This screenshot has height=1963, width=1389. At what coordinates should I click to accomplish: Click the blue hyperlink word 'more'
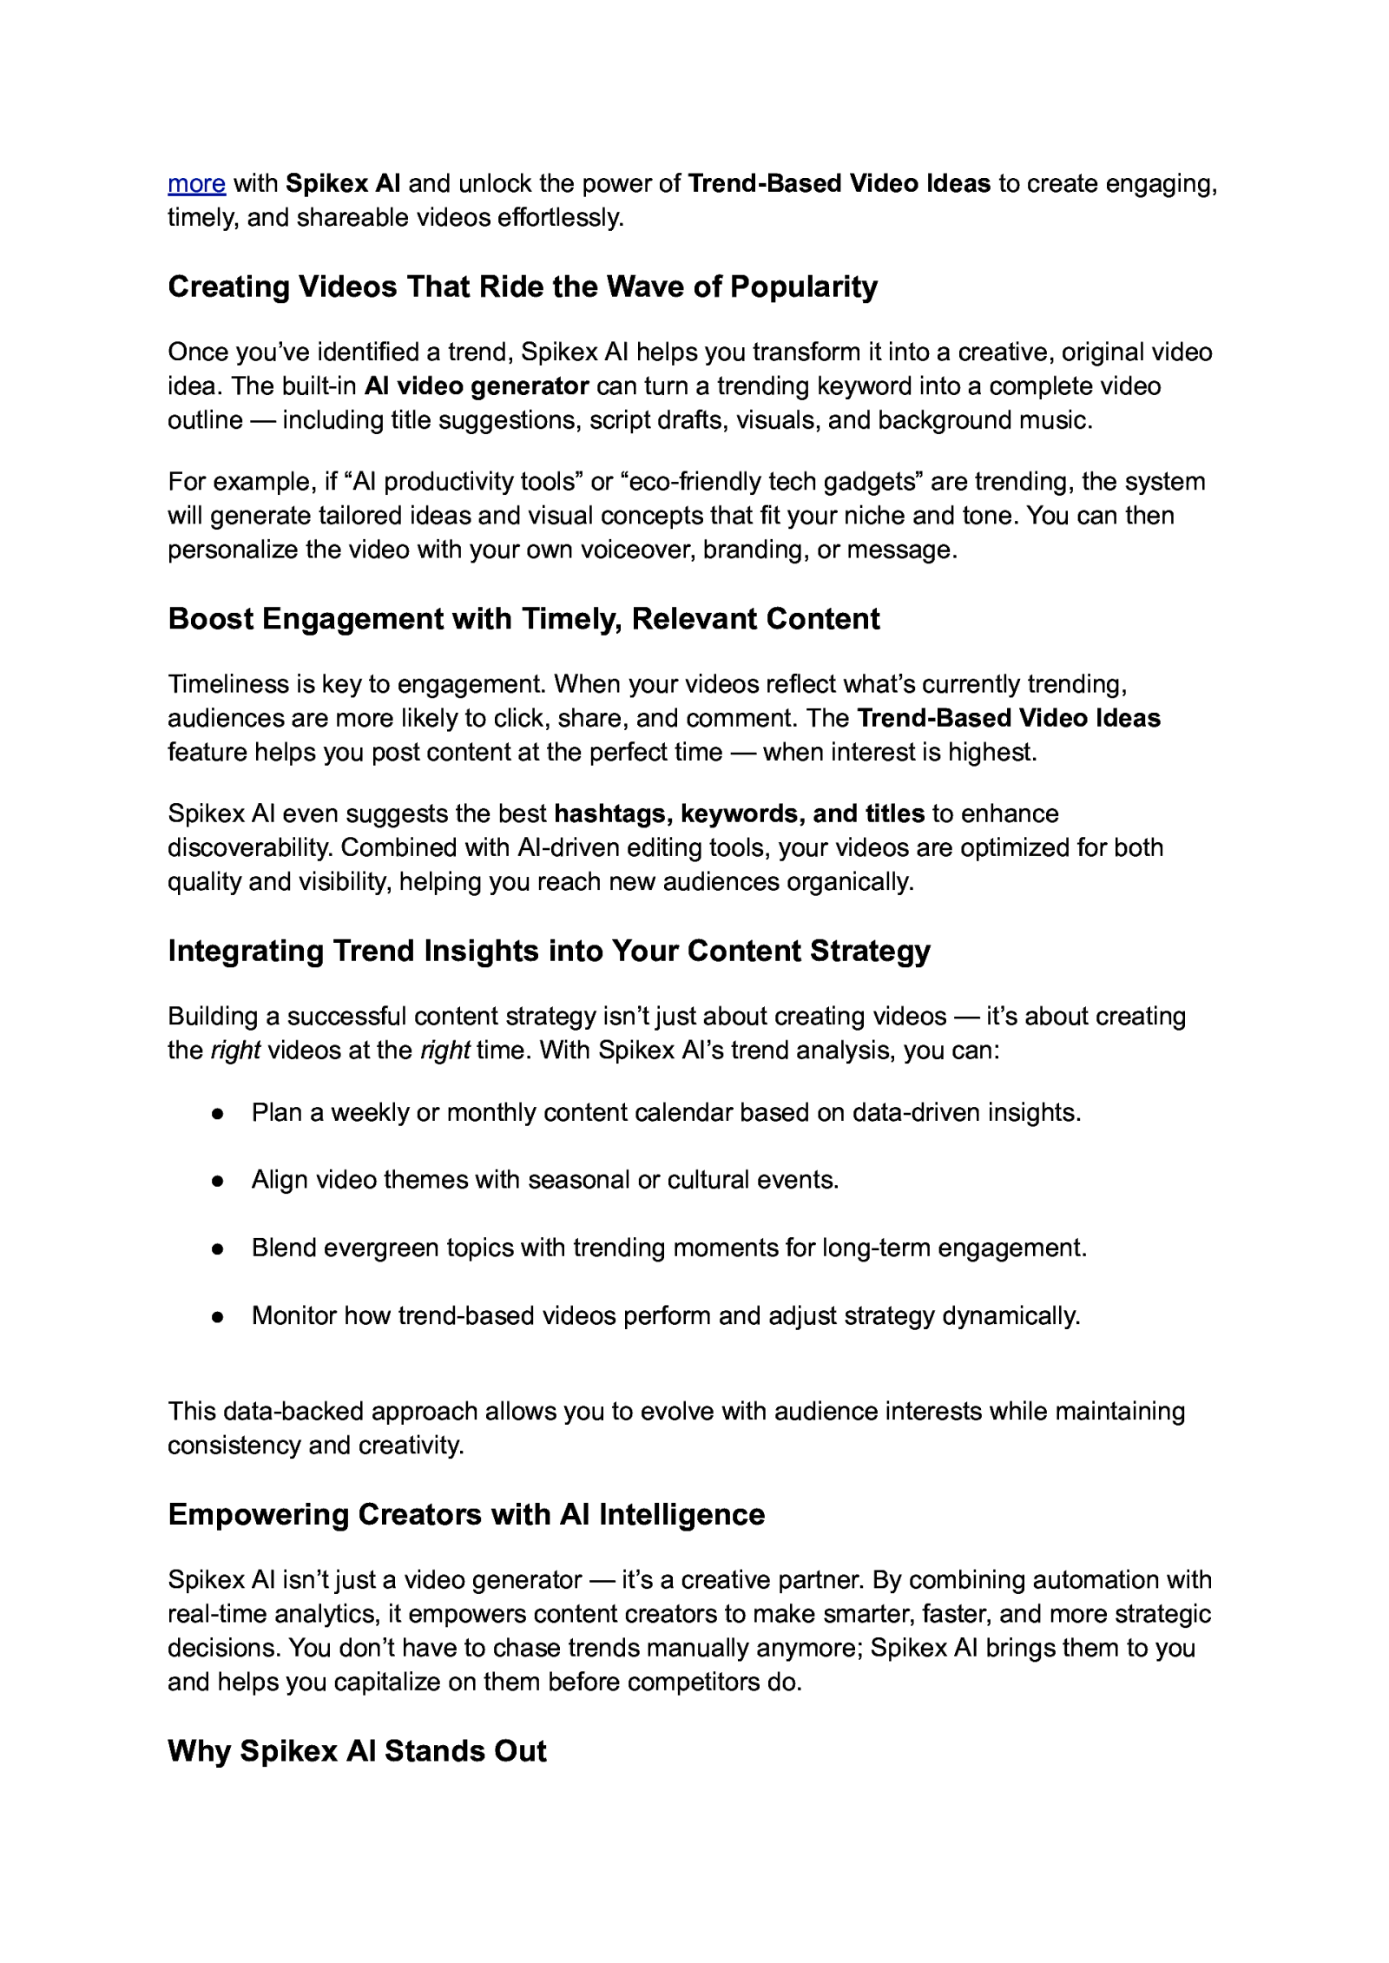coord(196,184)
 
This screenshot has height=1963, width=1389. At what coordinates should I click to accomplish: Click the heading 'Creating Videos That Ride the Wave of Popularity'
coord(522,287)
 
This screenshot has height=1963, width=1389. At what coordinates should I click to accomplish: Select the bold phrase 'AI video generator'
coord(477,386)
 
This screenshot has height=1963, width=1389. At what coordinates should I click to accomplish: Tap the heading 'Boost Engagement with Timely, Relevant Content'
coord(523,619)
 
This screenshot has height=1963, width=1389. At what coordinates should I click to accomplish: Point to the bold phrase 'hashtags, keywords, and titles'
coord(739,814)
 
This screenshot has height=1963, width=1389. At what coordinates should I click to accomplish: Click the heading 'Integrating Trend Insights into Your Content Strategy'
coord(549,952)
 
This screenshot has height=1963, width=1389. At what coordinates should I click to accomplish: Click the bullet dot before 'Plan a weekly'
coord(218,1114)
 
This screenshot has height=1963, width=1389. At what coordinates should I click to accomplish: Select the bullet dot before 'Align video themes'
coord(218,1182)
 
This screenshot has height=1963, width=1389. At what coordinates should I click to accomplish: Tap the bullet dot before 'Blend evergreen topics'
coord(218,1249)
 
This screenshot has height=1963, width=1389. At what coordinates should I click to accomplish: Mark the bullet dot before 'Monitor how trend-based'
coord(218,1317)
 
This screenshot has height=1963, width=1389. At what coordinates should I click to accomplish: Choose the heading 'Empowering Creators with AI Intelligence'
coord(466,1515)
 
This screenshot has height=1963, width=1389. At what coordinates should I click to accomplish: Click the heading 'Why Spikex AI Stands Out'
coord(357,1751)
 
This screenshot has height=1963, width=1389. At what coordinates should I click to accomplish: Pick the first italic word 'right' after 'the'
coord(235,1051)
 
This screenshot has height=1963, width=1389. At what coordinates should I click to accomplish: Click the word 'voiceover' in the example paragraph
coord(622,550)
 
